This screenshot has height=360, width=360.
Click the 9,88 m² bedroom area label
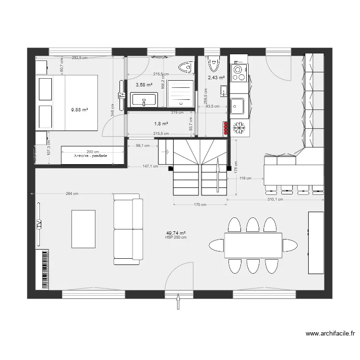pyautogui.click(x=80, y=109)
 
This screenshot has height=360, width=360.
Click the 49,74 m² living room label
pyautogui.click(x=175, y=232)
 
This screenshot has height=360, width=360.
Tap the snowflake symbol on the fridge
pyautogui.click(x=239, y=127)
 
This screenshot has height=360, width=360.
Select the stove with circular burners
pyautogui.click(x=239, y=72)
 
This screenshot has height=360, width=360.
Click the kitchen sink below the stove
pyautogui.click(x=238, y=105)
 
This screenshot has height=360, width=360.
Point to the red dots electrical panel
pyautogui.click(x=226, y=128)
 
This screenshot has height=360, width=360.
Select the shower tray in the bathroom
pyautogui.click(x=181, y=93)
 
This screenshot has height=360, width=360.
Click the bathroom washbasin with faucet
pyautogui.click(x=144, y=100)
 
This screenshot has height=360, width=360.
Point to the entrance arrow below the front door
pyautogui.click(x=179, y=303)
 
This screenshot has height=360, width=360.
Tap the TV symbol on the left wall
pyautogui.click(x=38, y=224)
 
